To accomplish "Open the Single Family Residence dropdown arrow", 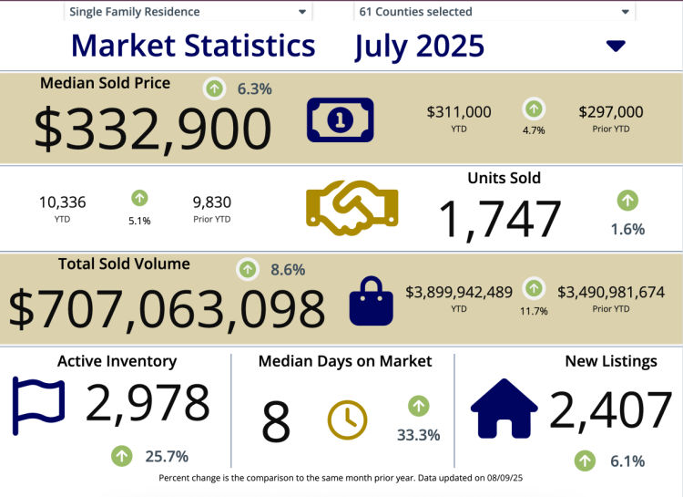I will (302, 13).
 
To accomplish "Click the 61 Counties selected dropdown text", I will (416, 12).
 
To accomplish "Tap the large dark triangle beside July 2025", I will (616, 47).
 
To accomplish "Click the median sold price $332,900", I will (153, 128).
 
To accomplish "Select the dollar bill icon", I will (340, 119).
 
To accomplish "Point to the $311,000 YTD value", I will (459, 112).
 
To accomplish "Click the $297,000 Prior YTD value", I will (610, 112).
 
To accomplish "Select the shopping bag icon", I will (371, 302).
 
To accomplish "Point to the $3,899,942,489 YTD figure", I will (459, 292).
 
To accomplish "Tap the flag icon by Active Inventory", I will (38, 406).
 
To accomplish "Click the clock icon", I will (347, 419).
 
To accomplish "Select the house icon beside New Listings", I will (504, 409).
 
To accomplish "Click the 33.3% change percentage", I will (419, 435).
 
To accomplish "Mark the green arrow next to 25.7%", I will (121, 454).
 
